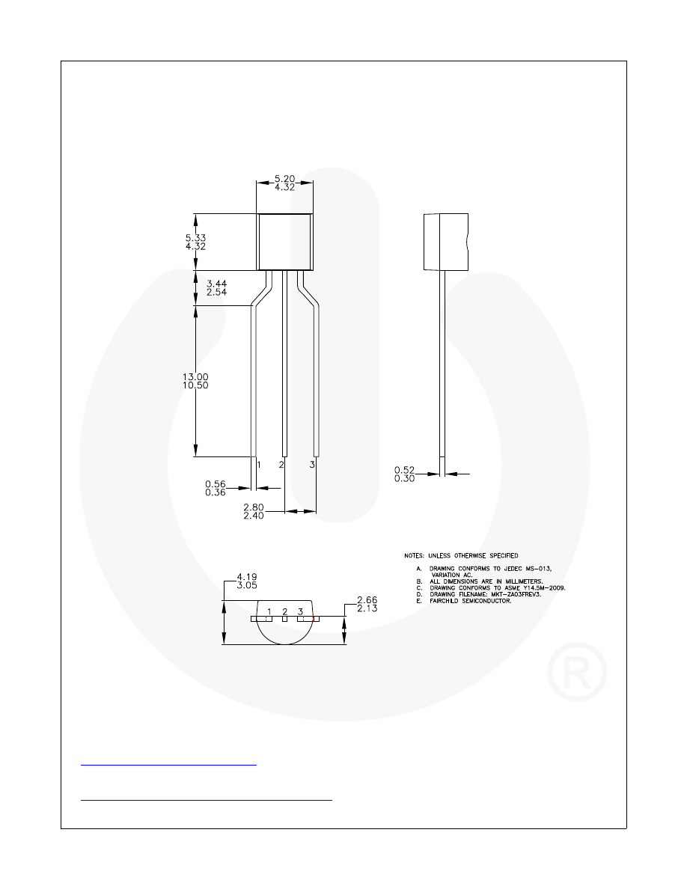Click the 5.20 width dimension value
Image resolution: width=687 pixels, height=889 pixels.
click(x=284, y=179)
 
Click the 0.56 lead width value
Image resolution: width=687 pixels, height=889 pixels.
click(x=216, y=483)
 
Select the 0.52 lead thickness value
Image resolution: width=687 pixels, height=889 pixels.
click(x=404, y=469)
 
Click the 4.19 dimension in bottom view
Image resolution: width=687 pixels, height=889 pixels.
click(x=247, y=577)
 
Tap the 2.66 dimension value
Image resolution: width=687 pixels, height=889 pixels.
click(x=367, y=599)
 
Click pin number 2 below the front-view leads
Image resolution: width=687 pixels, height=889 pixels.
click(x=281, y=465)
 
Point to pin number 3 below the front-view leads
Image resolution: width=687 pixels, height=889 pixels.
click(x=312, y=465)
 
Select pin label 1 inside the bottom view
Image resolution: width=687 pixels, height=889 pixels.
click(x=269, y=612)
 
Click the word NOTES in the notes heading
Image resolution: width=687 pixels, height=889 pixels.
click(x=414, y=556)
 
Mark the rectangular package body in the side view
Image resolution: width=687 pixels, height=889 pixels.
click(x=446, y=242)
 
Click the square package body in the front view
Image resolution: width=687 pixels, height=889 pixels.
click(x=285, y=242)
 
